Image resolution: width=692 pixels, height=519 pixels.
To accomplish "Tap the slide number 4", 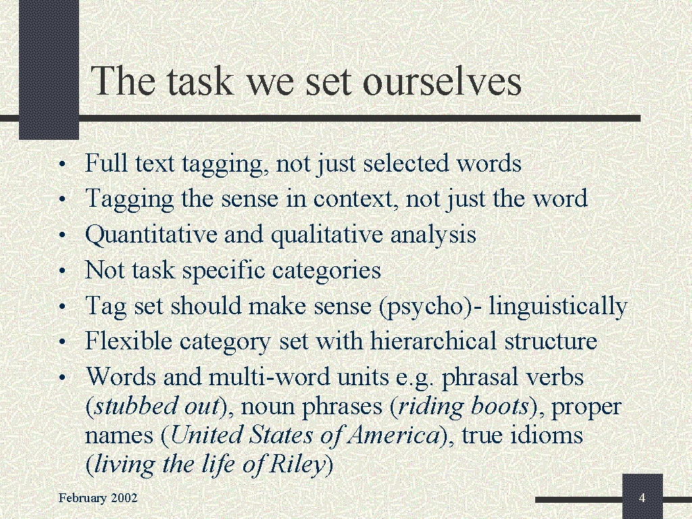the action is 642,498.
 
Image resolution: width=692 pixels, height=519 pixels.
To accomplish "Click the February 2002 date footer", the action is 98,498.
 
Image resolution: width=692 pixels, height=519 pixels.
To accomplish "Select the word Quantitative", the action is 151,234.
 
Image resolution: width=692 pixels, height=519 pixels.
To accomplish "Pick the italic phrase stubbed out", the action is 157,405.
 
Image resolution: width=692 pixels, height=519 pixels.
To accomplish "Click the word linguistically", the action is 558,306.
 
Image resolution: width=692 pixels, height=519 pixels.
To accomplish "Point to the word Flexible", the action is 128,341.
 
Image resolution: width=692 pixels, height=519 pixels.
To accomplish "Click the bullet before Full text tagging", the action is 62,165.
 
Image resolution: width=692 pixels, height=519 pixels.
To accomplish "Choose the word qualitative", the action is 326,234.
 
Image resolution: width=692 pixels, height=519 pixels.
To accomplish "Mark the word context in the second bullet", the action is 352,199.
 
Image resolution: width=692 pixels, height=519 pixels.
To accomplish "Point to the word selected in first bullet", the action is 406,164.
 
